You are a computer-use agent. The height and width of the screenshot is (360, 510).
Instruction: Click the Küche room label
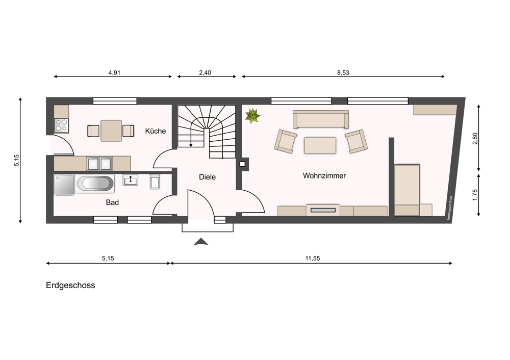pos(156,131)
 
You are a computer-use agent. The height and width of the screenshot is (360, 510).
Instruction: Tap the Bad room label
pos(112,202)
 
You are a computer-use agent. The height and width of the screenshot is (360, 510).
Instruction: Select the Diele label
pos(207,177)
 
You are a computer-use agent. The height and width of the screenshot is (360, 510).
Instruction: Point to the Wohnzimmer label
pos(324,175)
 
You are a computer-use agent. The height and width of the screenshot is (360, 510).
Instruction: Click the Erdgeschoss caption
pos(70,285)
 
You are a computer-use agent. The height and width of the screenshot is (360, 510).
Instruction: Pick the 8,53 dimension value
pos(343,72)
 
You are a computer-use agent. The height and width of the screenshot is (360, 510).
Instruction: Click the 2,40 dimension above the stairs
pos(205,72)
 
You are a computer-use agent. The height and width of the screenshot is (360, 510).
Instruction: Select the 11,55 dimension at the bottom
pos(313,258)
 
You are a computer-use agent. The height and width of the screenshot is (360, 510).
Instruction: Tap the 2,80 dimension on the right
pos(475,139)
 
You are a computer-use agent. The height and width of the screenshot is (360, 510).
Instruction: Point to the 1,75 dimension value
pos(475,195)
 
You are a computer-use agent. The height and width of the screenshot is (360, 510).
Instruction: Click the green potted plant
pos(252,116)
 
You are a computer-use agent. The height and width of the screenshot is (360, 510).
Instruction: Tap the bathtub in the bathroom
pos(95,184)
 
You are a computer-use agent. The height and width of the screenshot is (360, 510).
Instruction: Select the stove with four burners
pos(61,125)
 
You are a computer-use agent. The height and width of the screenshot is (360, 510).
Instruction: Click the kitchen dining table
pos(111,131)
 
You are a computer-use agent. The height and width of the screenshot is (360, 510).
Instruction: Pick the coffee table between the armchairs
pos(320,145)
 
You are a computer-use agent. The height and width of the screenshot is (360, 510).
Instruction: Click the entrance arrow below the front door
pos(201,241)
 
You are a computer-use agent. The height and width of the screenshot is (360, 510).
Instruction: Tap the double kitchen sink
pos(99,164)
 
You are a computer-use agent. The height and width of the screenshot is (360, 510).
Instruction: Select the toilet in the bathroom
pos(155,182)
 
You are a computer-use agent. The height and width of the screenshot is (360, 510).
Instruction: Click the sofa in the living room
pos(321,119)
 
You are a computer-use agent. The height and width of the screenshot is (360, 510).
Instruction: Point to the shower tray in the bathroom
pos(64,185)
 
